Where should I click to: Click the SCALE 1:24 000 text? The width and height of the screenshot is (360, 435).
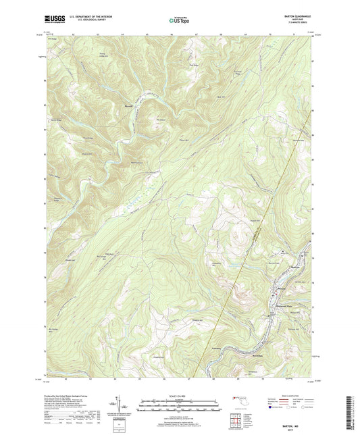(180, 395)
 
